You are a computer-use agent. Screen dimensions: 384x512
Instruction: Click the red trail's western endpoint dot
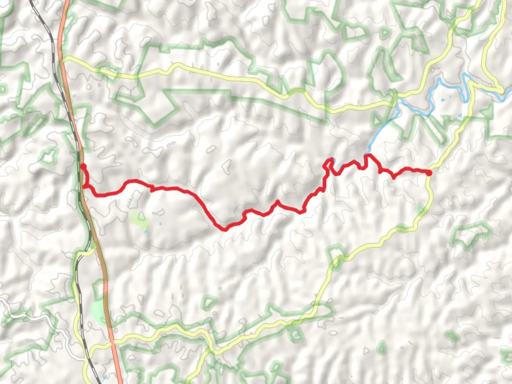point(83,166)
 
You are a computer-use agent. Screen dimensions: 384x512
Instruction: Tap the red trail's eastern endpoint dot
point(429,173)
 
